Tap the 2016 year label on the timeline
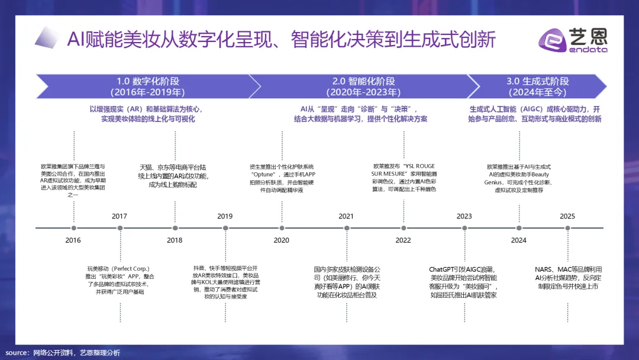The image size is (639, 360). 73,240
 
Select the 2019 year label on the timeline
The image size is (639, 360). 225,216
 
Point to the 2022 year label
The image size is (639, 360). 403,240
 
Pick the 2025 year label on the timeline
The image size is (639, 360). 567,216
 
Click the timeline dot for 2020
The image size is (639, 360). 282,228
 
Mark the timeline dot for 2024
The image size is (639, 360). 519,228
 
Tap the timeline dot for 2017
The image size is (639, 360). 120,228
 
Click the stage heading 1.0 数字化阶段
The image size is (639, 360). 148,81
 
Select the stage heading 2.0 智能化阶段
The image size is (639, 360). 363,81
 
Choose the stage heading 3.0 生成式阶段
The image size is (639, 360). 537,81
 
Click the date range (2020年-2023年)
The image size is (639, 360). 363,92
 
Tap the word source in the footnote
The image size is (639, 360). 17,353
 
